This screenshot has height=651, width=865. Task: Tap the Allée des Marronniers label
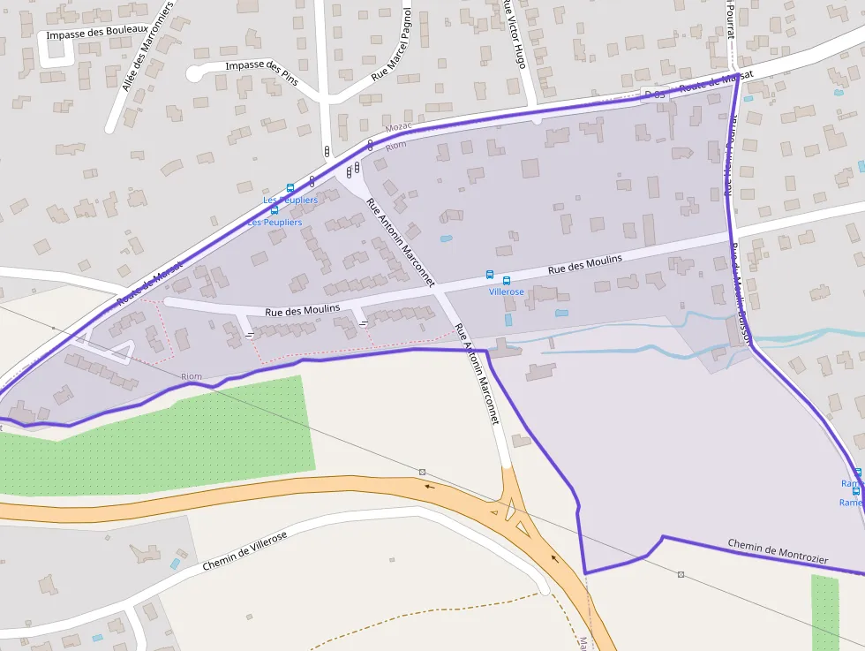click(147, 46)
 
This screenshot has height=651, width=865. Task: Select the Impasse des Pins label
click(261, 70)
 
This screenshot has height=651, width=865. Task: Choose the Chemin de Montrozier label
click(778, 551)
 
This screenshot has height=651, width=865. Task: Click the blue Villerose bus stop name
click(506, 291)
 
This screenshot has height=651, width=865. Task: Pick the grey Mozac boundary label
click(399, 128)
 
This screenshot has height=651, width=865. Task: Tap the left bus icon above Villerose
click(490, 275)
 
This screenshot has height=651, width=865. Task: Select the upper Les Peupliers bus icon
click(290, 188)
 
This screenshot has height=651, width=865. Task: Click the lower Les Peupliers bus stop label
click(275, 223)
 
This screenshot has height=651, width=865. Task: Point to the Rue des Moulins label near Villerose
click(584, 263)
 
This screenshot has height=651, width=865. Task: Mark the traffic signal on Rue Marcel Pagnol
click(327, 152)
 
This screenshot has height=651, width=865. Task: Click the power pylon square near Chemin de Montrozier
click(681, 574)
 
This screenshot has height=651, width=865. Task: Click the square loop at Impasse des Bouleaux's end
click(56, 52)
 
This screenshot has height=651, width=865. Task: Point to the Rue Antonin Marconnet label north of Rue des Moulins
click(400, 241)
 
